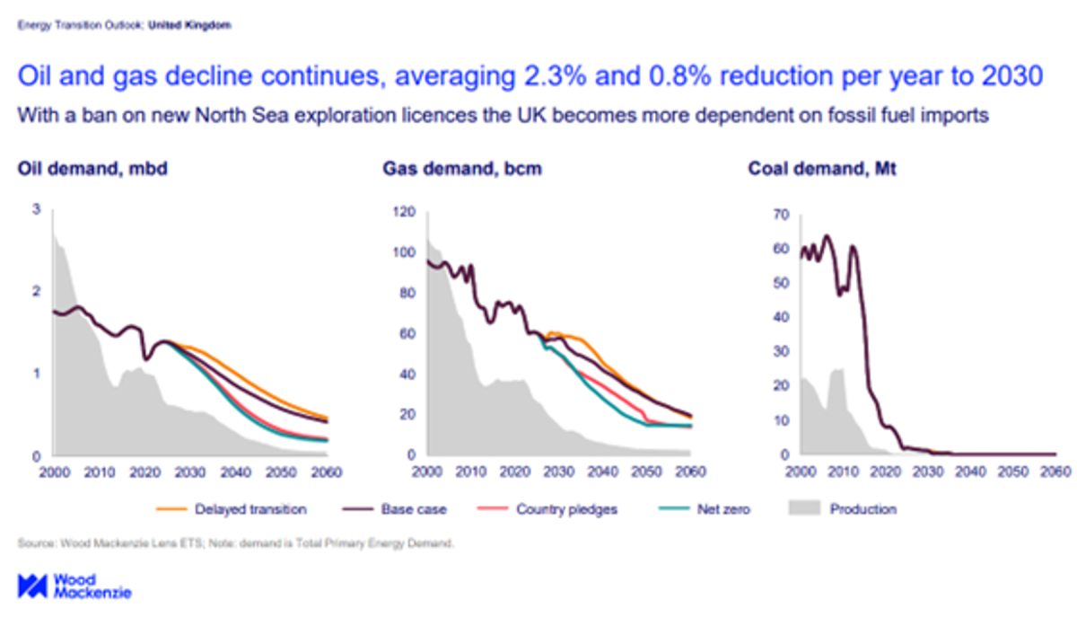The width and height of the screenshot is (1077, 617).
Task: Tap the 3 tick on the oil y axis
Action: (x=36, y=209)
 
